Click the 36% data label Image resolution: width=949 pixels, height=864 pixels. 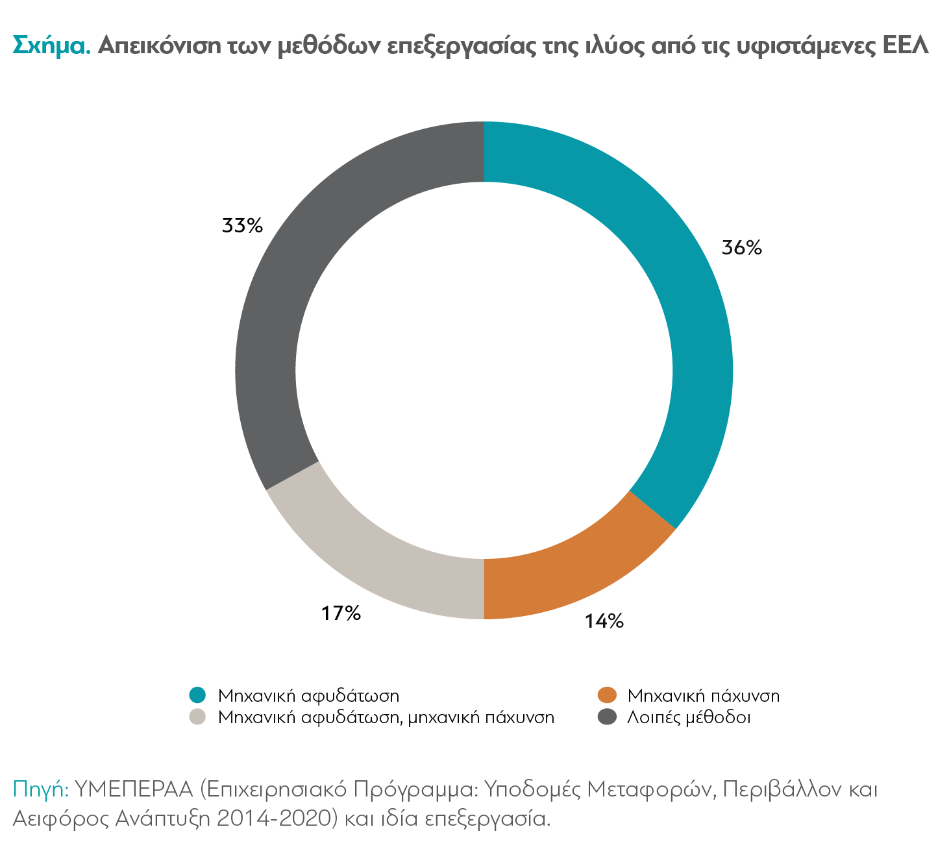click(742, 248)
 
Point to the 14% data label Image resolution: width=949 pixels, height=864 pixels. click(604, 621)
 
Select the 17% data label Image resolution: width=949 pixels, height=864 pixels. click(341, 613)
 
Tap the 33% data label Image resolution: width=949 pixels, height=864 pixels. click(242, 226)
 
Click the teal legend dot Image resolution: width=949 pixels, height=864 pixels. click(197, 695)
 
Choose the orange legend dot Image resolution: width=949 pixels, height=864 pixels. click(606, 695)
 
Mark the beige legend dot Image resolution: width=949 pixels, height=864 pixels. click(197, 717)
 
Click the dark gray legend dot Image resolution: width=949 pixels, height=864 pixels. click(606, 717)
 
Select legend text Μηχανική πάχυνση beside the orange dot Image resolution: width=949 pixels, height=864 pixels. click(703, 696)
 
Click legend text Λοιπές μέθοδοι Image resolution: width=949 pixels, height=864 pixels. click(689, 717)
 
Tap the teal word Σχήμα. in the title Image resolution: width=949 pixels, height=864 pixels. click(51, 46)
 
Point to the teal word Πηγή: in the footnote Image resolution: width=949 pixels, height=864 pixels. click(40, 789)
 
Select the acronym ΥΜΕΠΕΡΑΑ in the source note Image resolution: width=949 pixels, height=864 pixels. click(134, 789)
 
